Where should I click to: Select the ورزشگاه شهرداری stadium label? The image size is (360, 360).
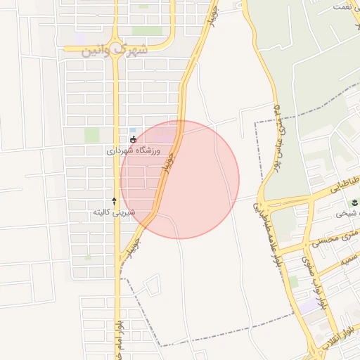point(134,150)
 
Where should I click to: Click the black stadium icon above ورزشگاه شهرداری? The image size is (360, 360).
point(134,140)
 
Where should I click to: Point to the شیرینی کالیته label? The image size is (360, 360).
point(114,212)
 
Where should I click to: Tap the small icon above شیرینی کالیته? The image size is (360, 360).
point(114,201)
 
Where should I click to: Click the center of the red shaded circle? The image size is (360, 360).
point(179,179)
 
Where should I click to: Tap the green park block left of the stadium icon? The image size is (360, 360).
point(91,134)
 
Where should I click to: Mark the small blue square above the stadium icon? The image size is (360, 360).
point(133,130)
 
